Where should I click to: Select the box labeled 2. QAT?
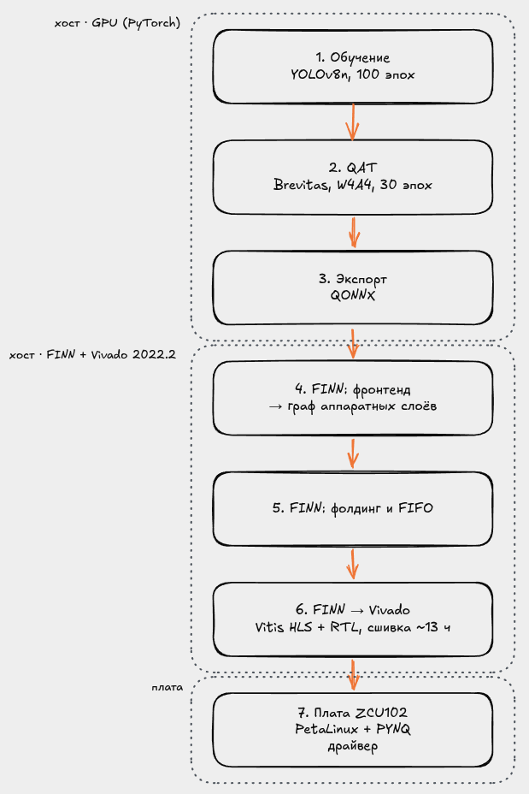click(x=352, y=177)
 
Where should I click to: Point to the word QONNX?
click(x=352, y=296)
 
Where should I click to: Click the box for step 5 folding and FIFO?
click(x=352, y=509)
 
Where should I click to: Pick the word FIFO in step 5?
click(x=415, y=508)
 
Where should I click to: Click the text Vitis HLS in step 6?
click(x=284, y=627)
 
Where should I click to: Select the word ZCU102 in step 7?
click(x=381, y=713)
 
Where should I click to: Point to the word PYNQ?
click(x=393, y=729)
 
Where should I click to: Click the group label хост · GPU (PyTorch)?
click(x=117, y=23)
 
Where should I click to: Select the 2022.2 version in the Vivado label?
click(x=154, y=354)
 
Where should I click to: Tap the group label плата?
click(x=167, y=688)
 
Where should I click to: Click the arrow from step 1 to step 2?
click(x=352, y=122)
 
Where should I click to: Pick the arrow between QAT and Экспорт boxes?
click(x=354, y=233)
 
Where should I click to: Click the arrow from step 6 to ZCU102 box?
click(x=354, y=674)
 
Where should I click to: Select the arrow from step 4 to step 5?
click(x=353, y=453)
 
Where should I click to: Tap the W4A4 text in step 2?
click(x=356, y=185)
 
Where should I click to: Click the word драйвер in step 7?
click(x=352, y=746)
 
